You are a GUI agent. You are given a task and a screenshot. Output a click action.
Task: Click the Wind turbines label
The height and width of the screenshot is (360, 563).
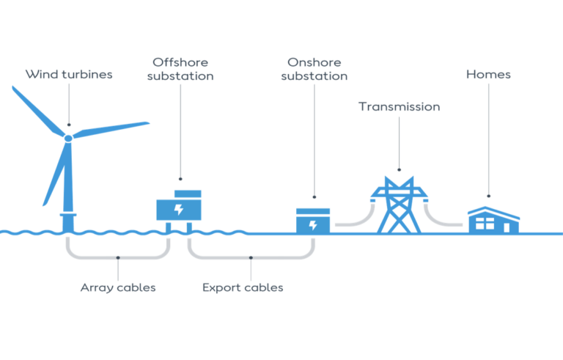pos(69,74)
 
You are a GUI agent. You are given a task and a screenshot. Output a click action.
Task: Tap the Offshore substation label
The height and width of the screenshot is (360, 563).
pos(180,67)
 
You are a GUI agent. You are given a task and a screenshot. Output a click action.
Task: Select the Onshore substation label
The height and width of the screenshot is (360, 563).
pos(314,68)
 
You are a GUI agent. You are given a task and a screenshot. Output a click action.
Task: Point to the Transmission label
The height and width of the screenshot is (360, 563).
pos(399,106)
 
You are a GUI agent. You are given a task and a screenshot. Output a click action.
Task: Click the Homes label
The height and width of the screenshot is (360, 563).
pos(488,74)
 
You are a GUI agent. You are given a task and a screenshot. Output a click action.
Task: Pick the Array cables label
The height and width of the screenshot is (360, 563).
pos(118,287)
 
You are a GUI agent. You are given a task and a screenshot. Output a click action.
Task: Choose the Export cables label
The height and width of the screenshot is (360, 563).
pos(243,287)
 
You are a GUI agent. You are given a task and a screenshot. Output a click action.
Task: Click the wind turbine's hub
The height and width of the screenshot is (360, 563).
pos(67,136)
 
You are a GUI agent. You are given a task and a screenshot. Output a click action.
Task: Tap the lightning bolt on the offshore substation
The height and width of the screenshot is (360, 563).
pos(178,209)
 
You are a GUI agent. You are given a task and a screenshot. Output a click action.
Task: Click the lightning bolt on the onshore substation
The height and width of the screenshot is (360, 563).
pos(313,224)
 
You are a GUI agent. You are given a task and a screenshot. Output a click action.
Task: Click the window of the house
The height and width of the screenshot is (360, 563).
pos(485,224)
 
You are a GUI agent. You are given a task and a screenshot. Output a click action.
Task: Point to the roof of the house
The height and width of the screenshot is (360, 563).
pos(494,212)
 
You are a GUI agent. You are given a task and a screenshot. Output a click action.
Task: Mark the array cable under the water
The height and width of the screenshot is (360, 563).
pos(117,256)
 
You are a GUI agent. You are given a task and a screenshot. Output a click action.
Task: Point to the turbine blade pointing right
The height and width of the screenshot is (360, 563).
pos(114,128)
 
